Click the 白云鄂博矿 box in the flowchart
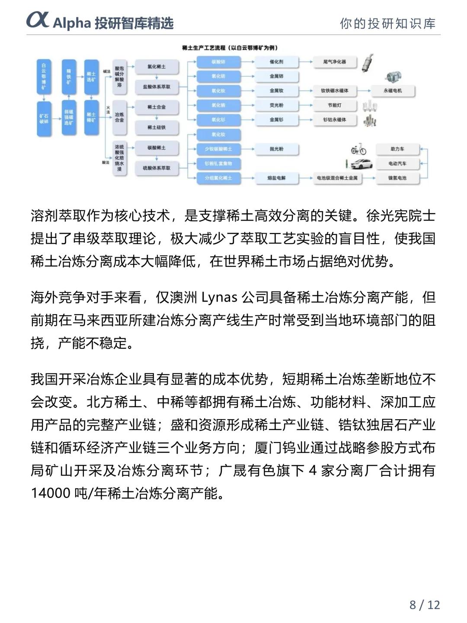(44, 77)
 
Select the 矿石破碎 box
(44, 119)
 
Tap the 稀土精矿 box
(91, 117)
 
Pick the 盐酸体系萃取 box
(157, 87)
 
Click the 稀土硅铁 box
(157, 127)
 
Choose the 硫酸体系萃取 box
(157, 168)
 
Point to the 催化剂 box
(277, 62)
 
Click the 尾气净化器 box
(335, 62)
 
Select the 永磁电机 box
(393, 91)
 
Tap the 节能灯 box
(335, 105)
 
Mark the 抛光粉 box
(277, 149)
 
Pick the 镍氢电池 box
(397, 178)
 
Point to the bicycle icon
(358, 149)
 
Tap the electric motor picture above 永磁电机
(393, 77)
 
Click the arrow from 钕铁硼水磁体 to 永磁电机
(364, 91)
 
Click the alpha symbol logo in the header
(38, 20)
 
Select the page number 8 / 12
(425, 604)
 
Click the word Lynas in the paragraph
(219, 298)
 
